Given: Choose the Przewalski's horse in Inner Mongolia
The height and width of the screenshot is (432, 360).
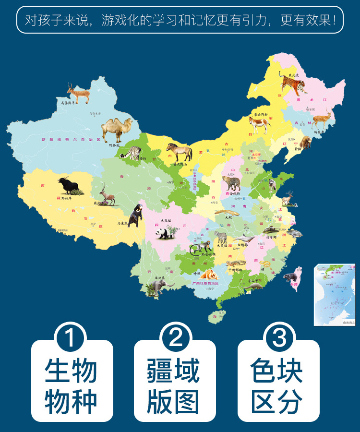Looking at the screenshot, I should click(x=180, y=152).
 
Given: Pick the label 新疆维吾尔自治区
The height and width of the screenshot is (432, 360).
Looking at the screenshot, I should click(x=72, y=140).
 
